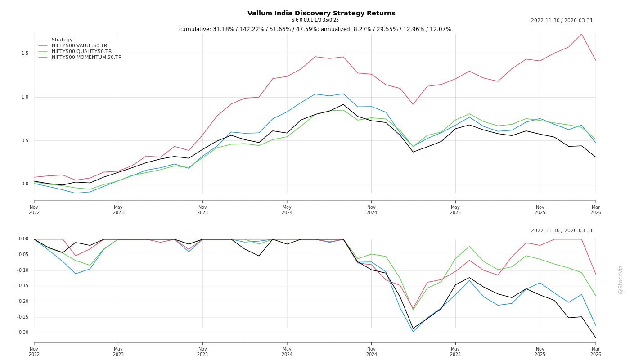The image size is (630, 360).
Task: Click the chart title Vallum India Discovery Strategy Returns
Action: [321, 13]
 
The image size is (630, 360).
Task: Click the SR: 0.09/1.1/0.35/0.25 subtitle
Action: [315, 20]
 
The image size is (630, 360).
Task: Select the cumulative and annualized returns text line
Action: [315, 29]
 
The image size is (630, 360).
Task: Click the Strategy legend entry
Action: [62, 40]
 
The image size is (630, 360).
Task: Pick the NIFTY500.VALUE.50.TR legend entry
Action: [79, 46]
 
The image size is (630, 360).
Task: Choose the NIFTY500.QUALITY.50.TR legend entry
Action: [81, 52]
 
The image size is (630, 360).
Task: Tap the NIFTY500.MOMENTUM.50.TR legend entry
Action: [86, 58]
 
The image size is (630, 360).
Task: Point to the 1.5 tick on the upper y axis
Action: [25, 54]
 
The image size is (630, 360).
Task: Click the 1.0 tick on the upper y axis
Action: [25, 97]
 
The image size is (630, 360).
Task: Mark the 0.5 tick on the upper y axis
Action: [25, 141]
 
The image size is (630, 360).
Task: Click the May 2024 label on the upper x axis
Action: [287, 210]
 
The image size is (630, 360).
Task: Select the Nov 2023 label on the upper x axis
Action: [202, 210]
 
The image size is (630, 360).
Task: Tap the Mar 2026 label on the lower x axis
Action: [595, 351]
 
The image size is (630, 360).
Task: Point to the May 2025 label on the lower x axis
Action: [455, 351]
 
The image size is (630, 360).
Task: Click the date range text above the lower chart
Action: [562, 231]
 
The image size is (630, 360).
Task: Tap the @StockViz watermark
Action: [621, 279]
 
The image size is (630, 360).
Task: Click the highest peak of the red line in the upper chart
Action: [581, 34]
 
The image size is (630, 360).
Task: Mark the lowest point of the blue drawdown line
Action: [413, 332]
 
